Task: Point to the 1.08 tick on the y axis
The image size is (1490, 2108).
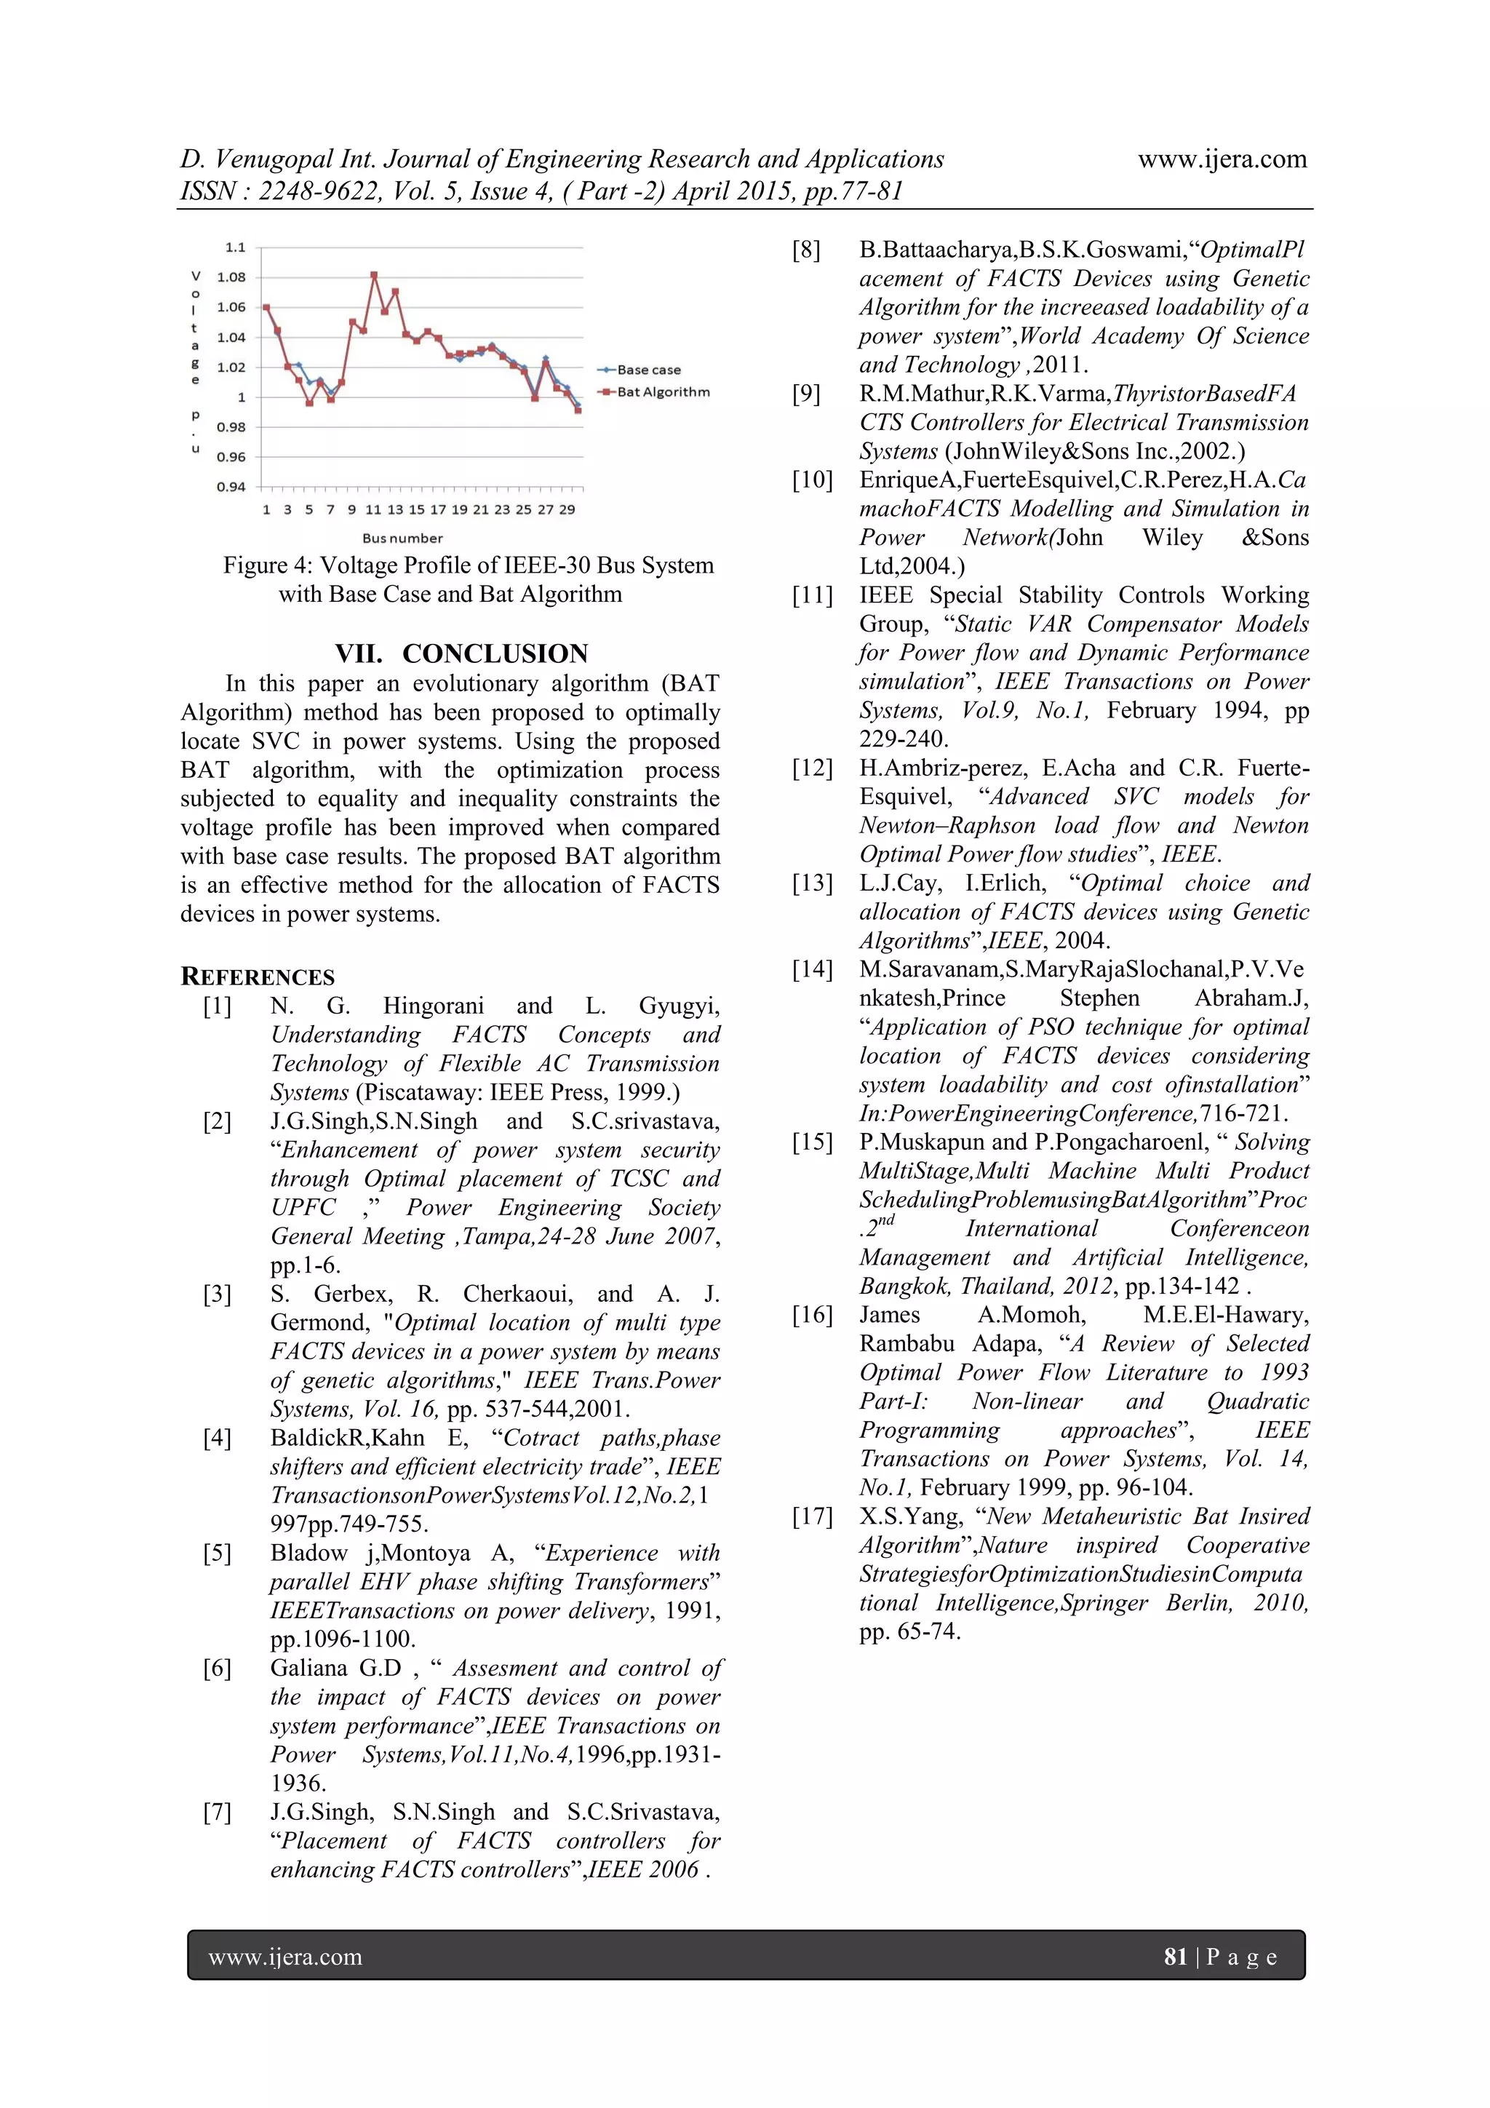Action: tap(231, 277)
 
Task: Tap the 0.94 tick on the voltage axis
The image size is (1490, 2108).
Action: tap(231, 487)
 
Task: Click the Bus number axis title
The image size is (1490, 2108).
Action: tap(402, 538)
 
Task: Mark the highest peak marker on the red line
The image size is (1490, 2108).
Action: tap(375, 274)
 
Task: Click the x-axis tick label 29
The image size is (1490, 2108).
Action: tap(567, 509)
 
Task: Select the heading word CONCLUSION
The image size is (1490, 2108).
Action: tap(495, 653)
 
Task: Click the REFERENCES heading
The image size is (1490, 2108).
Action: tap(258, 977)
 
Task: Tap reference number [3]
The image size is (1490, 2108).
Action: tap(218, 1294)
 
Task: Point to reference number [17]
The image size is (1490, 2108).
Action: tap(813, 1516)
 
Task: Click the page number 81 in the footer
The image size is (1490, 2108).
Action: tap(1175, 1957)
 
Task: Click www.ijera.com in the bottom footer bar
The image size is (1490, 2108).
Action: tap(285, 1957)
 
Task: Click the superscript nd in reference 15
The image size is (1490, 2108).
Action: tap(884, 1220)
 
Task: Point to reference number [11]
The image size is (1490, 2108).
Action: tap(813, 595)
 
